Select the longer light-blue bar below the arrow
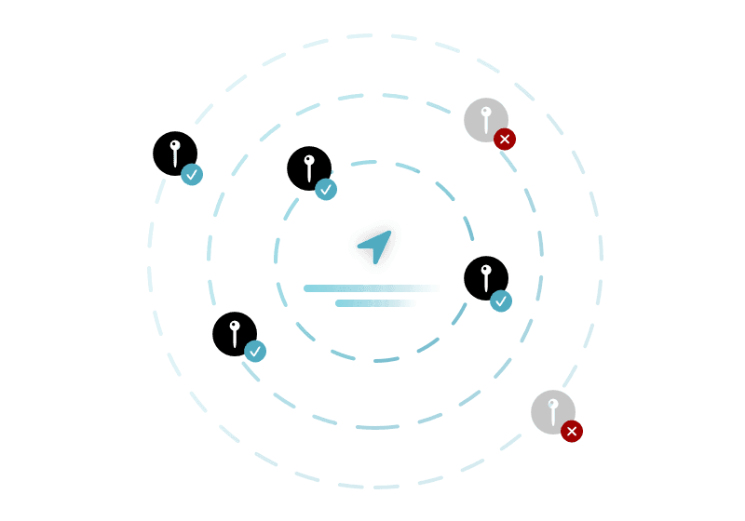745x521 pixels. click(370, 288)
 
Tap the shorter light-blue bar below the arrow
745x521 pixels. click(374, 303)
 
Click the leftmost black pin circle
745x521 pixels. click(174, 154)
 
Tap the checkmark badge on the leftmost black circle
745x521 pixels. click(192, 175)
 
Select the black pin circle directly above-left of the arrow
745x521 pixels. click(308, 168)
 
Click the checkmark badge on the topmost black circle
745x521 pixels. click(326, 190)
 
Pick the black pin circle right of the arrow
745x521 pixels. click(485, 277)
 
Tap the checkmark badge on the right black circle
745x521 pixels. click(501, 301)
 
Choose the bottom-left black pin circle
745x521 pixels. click(234, 333)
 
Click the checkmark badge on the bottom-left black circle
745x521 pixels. click(255, 352)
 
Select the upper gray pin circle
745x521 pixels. click(485, 120)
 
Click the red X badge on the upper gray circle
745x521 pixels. click(505, 140)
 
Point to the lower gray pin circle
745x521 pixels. click(552, 411)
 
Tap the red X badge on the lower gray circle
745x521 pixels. click(572, 432)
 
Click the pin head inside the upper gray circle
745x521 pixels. click(485, 113)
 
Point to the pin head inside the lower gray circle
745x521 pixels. click(552, 405)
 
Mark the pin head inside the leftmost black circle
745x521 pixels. click(174, 145)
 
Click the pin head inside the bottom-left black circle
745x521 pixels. click(234, 326)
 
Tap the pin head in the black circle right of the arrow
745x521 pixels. click(485, 270)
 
